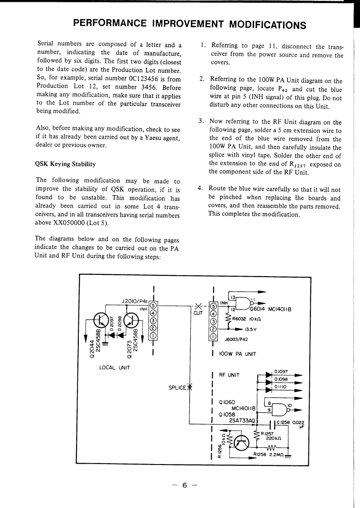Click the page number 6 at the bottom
pyautogui.click(x=184, y=485)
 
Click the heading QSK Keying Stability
pyautogui.click(x=65, y=164)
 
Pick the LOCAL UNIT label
pyautogui.click(x=114, y=367)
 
